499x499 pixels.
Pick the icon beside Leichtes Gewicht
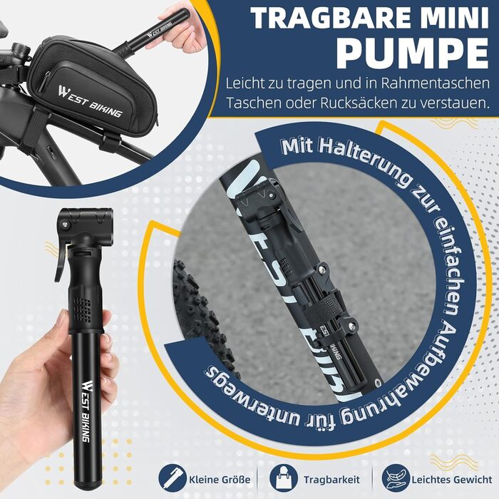393,476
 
